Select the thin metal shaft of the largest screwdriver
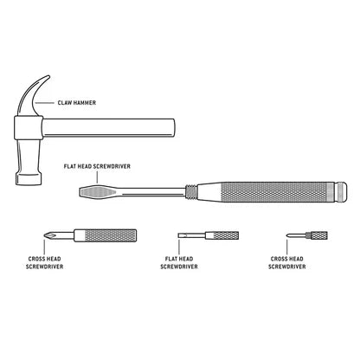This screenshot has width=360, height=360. coord(156,190)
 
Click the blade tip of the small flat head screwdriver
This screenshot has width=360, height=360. coord(182,235)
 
